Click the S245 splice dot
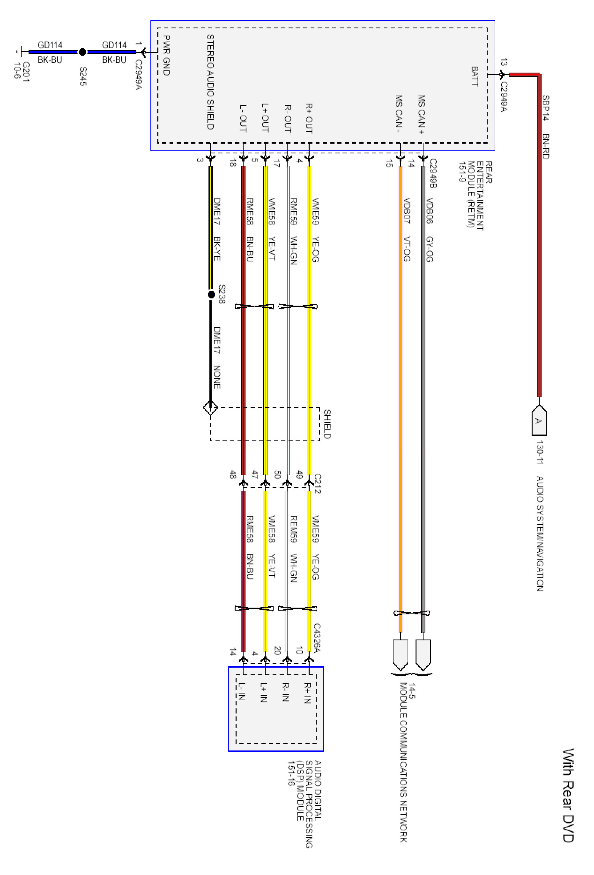[x=83, y=52]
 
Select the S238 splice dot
[x=212, y=294]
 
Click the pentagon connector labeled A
[x=539, y=420]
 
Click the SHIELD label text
[x=327, y=424]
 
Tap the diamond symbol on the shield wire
[x=210, y=407]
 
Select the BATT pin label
[x=475, y=76]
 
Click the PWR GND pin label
[x=166, y=55]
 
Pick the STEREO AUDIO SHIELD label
[x=210, y=82]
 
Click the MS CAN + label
[x=421, y=114]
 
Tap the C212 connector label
[x=317, y=483]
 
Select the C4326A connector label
[x=317, y=638]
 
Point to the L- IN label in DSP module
[x=242, y=691]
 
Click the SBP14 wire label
[x=545, y=108]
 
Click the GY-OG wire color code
[x=429, y=249]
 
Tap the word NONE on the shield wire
[x=217, y=377]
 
